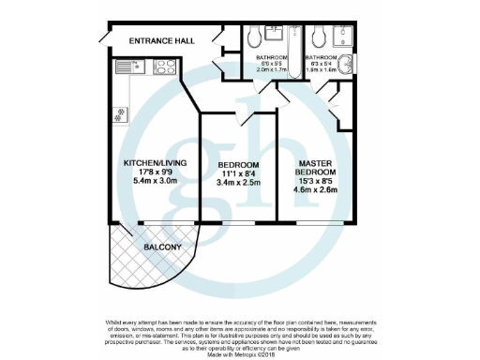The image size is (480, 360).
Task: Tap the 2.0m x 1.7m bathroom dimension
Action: [x=273, y=68]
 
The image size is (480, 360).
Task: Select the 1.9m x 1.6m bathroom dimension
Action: [x=322, y=68]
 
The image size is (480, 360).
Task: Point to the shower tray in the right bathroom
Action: [x=345, y=38]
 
